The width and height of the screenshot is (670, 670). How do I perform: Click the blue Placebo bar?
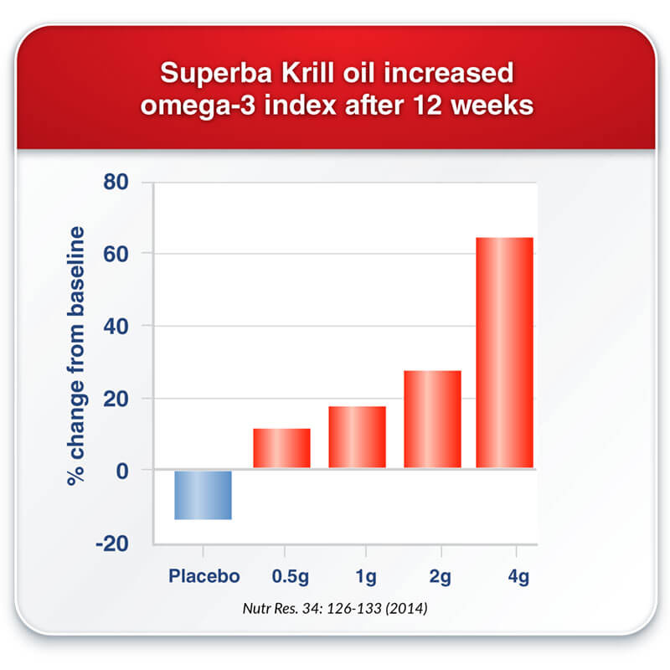click(x=203, y=495)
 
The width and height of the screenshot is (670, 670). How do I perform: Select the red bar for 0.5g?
click(x=281, y=448)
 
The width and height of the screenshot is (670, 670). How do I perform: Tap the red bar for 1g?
click(x=358, y=436)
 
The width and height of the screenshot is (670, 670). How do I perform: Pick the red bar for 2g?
click(x=432, y=419)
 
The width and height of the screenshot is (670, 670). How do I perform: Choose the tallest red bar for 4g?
click(x=505, y=353)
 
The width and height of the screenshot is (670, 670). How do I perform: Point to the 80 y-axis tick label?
click(x=116, y=182)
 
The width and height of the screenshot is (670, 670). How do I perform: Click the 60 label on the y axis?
click(x=116, y=255)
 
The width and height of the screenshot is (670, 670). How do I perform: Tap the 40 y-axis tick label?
click(x=116, y=327)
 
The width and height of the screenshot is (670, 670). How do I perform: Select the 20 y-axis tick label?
click(x=116, y=399)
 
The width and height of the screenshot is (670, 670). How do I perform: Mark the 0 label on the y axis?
click(x=122, y=472)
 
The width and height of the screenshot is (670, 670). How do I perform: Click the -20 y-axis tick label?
click(x=112, y=544)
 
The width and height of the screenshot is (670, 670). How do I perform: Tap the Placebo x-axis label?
click(x=204, y=576)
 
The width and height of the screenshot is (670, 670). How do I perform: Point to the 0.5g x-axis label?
click(x=290, y=577)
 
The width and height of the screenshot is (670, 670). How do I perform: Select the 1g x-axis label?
click(x=366, y=577)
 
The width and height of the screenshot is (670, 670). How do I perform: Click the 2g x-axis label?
click(x=441, y=577)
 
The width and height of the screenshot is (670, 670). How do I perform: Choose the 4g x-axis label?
click(x=518, y=577)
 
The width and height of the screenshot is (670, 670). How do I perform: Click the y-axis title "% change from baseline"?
click(x=76, y=356)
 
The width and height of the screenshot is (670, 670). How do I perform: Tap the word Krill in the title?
click(x=307, y=72)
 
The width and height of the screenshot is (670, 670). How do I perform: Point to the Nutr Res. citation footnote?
click(x=335, y=608)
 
